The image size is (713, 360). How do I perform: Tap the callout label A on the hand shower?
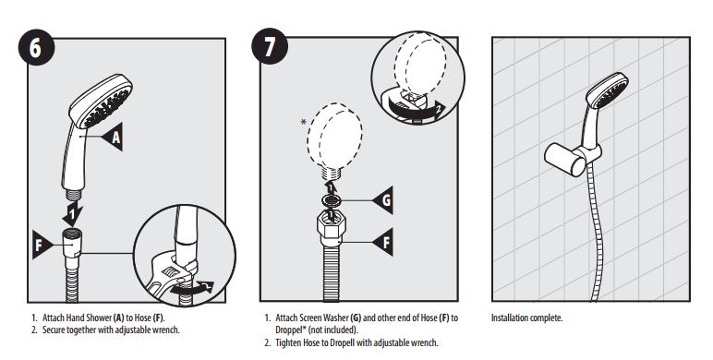tap(117, 137)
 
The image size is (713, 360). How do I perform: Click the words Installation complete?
tap(526, 318)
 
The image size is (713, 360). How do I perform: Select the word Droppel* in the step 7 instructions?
tap(292, 329)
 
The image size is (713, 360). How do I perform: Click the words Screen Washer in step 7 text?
tap(327, 318)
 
